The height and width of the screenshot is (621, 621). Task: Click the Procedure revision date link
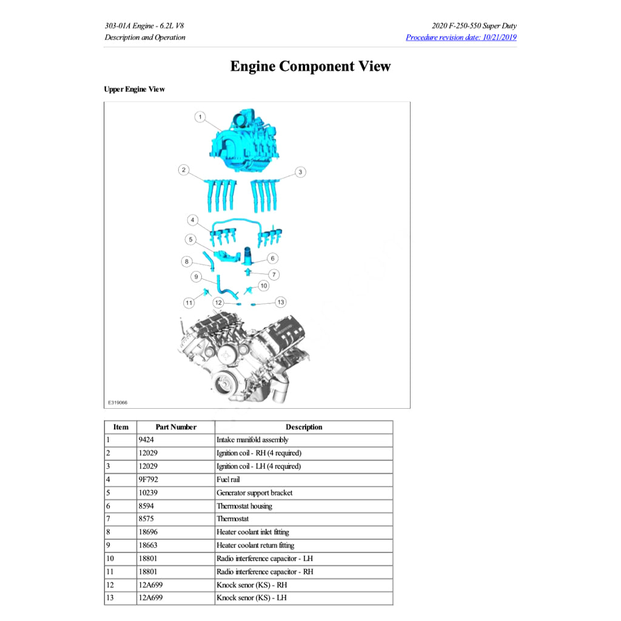[461, 38]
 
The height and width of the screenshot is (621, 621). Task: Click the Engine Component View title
[310, 67]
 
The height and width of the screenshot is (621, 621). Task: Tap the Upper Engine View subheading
[134, 89]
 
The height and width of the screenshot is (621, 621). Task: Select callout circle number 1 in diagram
[200, 116]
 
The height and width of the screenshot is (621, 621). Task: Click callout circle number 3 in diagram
[300, 172]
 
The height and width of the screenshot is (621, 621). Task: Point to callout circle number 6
[272, 258]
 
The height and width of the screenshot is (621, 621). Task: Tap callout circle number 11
[189, 302]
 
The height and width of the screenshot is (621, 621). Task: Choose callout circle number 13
[280, 301]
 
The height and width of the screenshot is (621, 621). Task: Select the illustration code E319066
[118, 402]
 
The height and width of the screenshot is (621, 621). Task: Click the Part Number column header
[176, 427]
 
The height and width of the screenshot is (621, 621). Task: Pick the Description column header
[304, 427]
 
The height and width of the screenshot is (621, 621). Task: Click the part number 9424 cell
[147, 440]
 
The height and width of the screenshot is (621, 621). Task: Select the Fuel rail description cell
[228, 480]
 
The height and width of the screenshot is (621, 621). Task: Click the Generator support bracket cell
[254, 493]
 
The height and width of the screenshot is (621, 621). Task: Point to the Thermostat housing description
[244, 506]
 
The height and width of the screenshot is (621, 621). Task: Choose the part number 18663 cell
[149, 545]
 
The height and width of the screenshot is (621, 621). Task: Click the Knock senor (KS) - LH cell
[252, 598]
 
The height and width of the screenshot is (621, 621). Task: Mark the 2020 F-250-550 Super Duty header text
[474, 26]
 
